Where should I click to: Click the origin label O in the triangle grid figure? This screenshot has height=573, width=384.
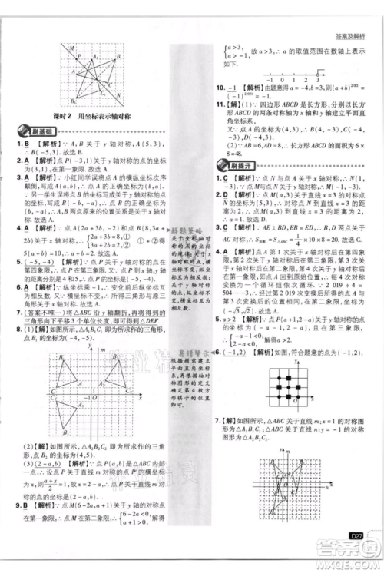(x=88, y=401)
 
